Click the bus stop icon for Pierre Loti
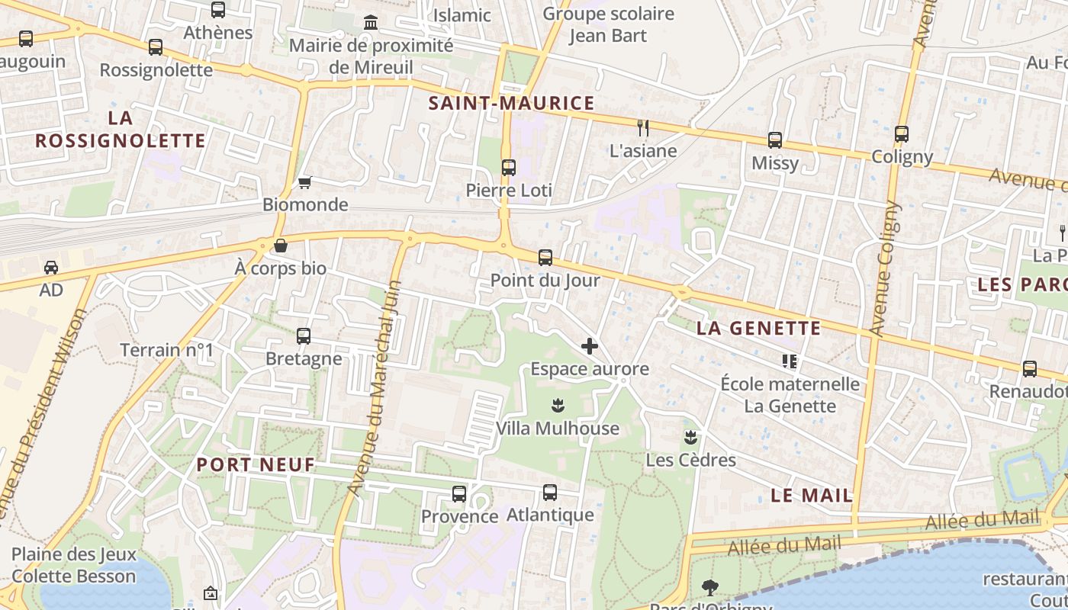(x=509, y=168)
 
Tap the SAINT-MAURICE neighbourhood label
(x=511, y=104)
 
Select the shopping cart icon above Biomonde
(x=305, y=182)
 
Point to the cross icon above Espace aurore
(x=590, y=347)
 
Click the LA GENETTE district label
(x=759, y=329)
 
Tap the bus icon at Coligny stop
(x=902, y=134)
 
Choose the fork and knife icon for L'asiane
(x=643, y=128)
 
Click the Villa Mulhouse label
(x=558, y=429)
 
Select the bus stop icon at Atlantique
(x=550, y=493)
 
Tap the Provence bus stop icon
(x=459, y=494)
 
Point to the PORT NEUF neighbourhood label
(x=256, y=464)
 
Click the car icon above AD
(x=51, y=268)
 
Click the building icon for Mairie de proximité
(x=371, y=23)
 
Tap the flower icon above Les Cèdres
(x=690, y=438)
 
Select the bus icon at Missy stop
(x=775, y=140)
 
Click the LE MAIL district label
(x=812, y=495)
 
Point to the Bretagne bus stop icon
(x=304, y=336)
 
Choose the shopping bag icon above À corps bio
(x=281, y=246)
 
